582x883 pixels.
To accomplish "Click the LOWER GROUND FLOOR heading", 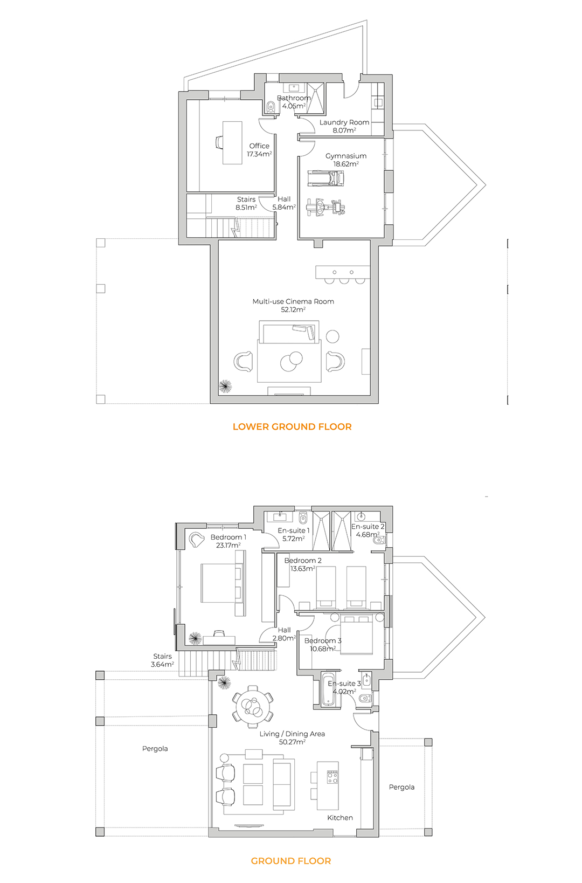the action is (x=292, y=426).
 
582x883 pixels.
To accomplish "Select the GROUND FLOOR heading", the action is (x=291, y=861).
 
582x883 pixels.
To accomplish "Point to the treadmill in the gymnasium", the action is (x=325, y=178).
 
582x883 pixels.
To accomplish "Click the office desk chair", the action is (x=219, y=142).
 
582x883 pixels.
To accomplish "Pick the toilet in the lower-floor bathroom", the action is (x=271, y=106).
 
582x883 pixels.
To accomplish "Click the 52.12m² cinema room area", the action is (x=293, y=310).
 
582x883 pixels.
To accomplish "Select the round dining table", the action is (x=253, y=706).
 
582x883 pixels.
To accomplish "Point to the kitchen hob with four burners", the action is (x=332, y=777).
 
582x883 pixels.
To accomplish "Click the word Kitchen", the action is (x=339, y=818).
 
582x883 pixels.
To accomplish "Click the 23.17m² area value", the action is (x=228, y=545).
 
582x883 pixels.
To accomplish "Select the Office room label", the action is (x=259, y=146).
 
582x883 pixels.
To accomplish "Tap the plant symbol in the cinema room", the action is (x=225, y=386).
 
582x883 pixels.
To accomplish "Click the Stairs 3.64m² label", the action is (x=162, y=660).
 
